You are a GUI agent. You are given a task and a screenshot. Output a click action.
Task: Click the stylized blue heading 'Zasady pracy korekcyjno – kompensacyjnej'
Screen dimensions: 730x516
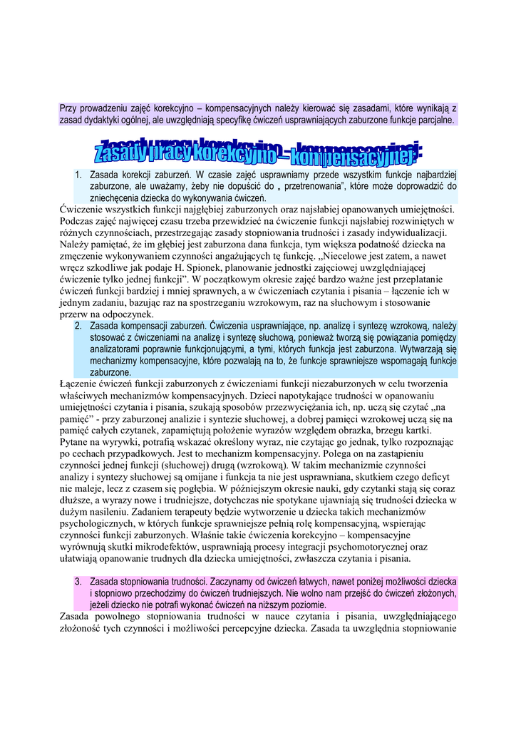tap(258, 150)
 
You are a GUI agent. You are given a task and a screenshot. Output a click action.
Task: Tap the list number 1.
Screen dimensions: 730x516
tap(78, 174)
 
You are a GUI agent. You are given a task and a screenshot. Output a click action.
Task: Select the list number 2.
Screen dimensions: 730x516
tap(78, 326)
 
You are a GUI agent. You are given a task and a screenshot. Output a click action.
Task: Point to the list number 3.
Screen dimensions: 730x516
tap(78, 581)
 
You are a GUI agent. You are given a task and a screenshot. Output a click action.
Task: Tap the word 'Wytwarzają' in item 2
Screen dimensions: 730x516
tap(423, 350)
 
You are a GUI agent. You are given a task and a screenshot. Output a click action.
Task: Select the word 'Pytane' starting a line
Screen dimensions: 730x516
tap(76, 442)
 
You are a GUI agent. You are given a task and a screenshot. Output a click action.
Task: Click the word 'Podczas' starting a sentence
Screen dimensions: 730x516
tap(77, 221)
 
